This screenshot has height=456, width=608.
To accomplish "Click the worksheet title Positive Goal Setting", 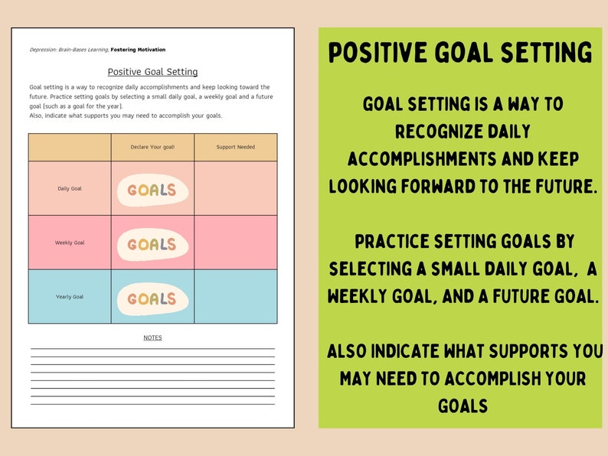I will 152,72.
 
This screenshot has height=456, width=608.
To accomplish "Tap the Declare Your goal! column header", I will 152,147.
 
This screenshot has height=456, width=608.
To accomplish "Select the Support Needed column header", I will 236,147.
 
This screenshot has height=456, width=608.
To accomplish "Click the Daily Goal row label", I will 70,188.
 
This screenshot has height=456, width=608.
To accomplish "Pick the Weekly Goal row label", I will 70,243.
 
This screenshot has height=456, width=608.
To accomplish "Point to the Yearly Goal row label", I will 70,297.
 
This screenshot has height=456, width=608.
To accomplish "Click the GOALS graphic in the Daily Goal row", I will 152,191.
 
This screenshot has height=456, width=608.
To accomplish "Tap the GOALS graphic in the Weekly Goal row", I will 152,245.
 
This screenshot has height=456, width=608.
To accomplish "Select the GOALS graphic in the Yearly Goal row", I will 152,298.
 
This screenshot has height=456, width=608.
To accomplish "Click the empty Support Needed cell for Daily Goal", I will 236,188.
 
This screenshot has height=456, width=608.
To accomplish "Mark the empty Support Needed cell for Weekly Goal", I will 236,243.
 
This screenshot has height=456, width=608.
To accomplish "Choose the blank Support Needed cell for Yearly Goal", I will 236,297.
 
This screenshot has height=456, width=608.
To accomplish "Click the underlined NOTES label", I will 152,337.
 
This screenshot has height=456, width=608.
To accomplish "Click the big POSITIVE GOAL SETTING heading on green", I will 460,53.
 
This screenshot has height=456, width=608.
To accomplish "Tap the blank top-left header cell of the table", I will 70,147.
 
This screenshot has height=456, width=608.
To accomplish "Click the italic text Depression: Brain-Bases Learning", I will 68,49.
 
